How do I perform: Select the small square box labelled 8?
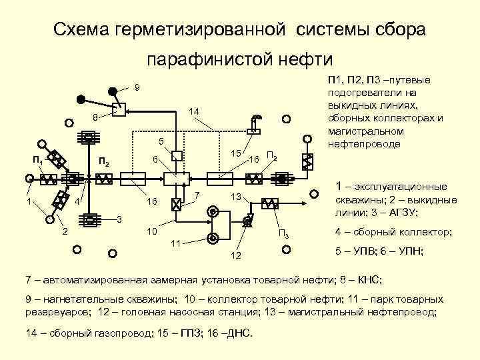tap(119, 110)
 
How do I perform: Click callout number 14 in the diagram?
tap(193, 111)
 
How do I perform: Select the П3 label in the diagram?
tap(283, 233)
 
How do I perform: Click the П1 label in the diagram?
tap(39, 161)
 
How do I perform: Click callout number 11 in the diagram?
tap(175, 241)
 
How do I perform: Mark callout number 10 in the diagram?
tap(151, 231)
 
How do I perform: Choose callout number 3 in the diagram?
tap(119, 219)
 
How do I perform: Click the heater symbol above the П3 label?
tap(271, 204)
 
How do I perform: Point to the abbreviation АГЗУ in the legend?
tap(403, 213)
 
